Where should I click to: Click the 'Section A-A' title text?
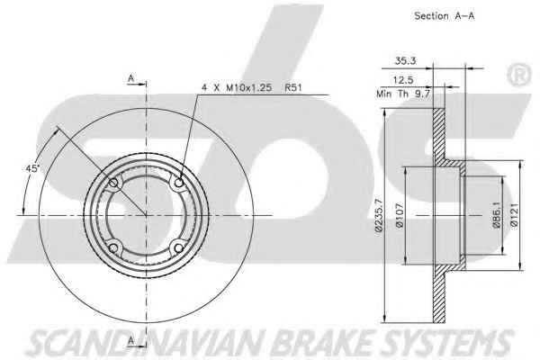[x=444, y=16]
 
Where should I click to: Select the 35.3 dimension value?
[x=405, y=61]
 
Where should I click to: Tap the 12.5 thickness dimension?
[x=403, y=80]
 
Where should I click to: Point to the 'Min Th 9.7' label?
[x=403, y=94]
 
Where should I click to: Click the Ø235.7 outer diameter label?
[x=379, y=216]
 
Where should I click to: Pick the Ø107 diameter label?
[x=400, y=216]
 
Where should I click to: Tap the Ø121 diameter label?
[x=515, y=214]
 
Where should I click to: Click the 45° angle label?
[x=32, y=168]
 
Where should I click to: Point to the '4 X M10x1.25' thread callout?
[x=237, y=87]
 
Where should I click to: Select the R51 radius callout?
[x=293, y=87]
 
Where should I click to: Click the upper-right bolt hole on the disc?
[x=179, y=182]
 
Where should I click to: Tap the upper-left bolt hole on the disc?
[x=113, y=183]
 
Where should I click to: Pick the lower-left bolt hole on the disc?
[x=113, y=247]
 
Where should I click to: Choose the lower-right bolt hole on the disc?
[x=178, y=247]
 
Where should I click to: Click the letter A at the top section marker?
[x=130, y=78]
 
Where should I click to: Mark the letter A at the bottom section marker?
[x=130, y=340]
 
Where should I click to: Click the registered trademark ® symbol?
[x=519, y=76]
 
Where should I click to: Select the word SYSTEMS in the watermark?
[x=448, y=343]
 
